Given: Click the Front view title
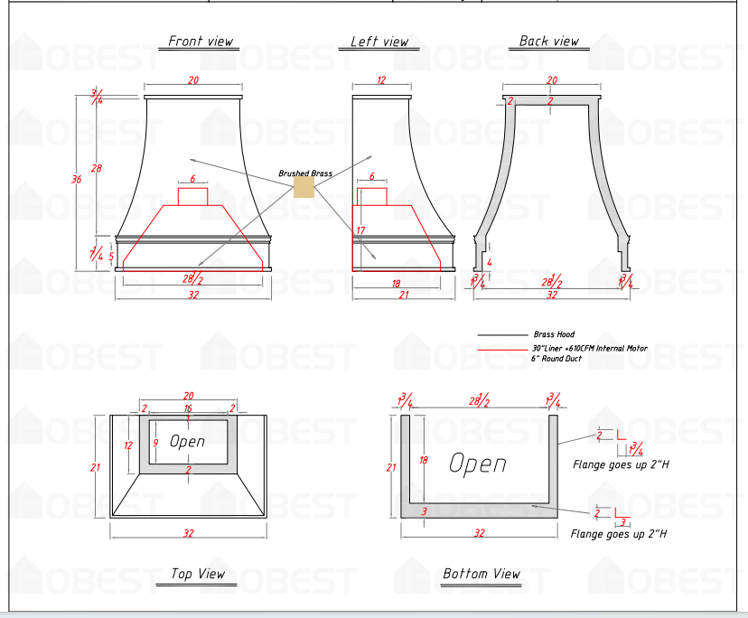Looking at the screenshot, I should [x=201, y=42].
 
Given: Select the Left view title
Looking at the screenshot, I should [x=379, y=42].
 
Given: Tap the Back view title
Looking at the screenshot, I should [x=548, y=42].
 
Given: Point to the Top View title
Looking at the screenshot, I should [x=198, y=574].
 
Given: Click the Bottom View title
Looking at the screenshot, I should [x=482, y=574].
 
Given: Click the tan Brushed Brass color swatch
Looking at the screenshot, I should [x=304, y=187].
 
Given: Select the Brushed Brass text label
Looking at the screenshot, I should [x=304, y=173].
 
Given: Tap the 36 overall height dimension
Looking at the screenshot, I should [x=76, y=179].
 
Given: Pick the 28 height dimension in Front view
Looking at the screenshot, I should [x=97, y=169].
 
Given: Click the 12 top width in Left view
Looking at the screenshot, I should [x=380, y=81].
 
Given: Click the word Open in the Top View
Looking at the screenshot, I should [x=187, y=442].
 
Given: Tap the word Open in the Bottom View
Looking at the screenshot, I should [x=477, y=464].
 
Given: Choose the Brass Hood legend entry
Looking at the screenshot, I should [x=553, y=334].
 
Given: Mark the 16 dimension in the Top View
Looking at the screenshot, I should [x=188, y=408].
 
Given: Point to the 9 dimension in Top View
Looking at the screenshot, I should [x=156, y=443].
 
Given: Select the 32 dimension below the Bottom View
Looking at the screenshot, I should [x=479, y=533].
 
